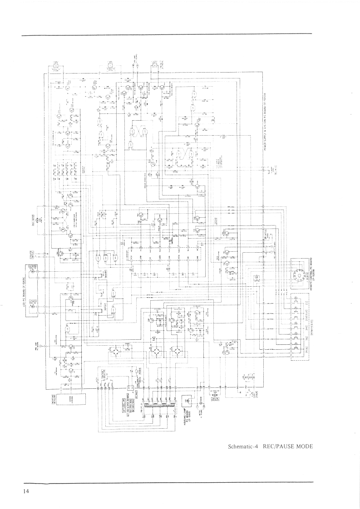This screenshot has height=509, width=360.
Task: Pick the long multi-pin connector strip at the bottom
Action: coord(159,403)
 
